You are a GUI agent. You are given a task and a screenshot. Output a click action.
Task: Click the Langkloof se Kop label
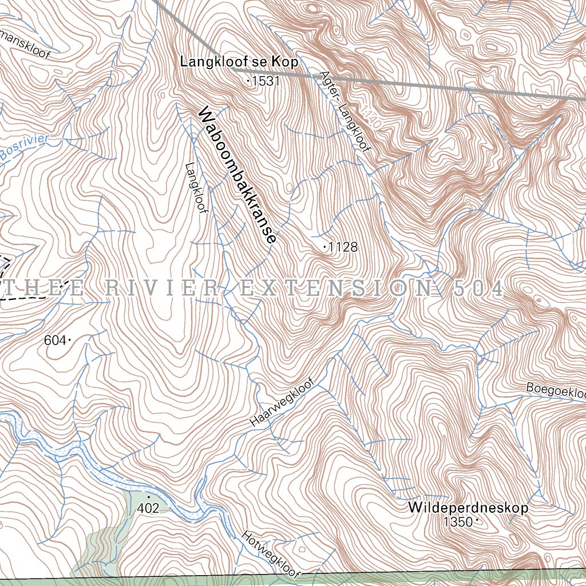click(239, 62)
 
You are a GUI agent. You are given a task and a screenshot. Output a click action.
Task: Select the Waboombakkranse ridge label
click(237, 176)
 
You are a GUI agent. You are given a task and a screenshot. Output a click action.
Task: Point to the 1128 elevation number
click(344, 247)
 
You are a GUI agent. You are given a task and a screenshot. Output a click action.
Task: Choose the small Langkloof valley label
click(196, 189)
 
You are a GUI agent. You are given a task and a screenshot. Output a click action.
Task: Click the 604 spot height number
click(55, 341)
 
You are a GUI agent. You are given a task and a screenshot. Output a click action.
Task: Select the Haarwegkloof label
click(283, 402)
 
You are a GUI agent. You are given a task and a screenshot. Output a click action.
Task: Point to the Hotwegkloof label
click(271, 554)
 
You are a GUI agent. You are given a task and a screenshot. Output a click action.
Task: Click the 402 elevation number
click(148, 508)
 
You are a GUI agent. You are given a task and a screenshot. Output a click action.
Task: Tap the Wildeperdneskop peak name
click(468, 508)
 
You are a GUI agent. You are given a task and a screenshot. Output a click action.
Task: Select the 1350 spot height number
click(458, 522)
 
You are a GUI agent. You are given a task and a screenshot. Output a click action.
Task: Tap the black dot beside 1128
click(325, 247)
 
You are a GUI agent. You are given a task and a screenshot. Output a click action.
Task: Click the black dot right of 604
click(70, 341)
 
